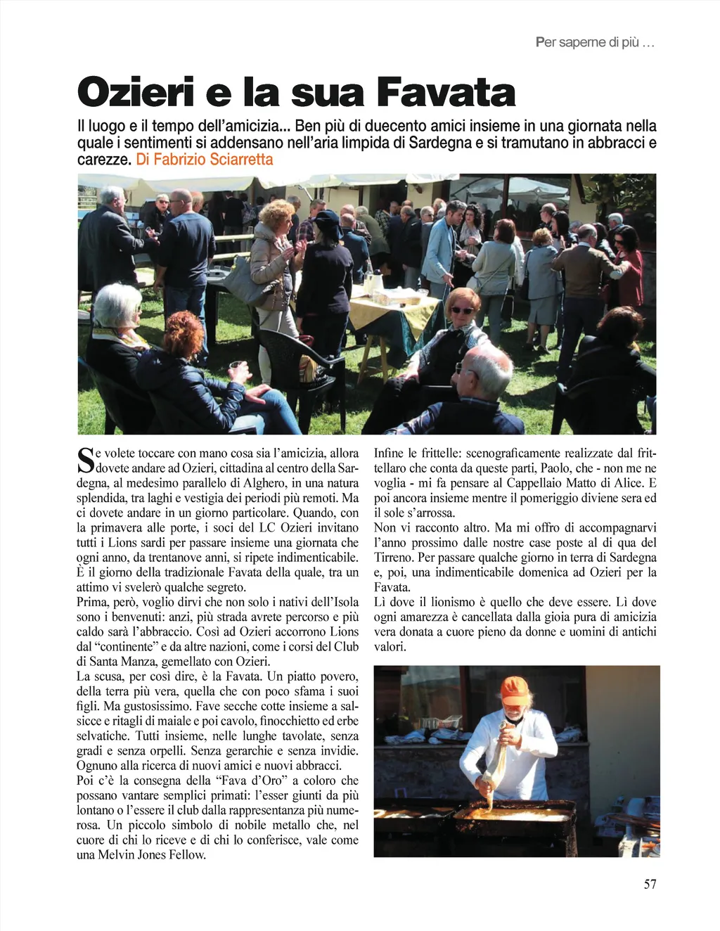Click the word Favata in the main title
(x=446, y=93)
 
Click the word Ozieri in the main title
(x=136, y=93)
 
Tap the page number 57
(x=650, y=884)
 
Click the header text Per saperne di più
(x=594, y=42)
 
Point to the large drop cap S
(x=85, y=460)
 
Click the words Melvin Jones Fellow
(x=152, y=855)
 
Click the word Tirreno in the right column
(x=394, y=558)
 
